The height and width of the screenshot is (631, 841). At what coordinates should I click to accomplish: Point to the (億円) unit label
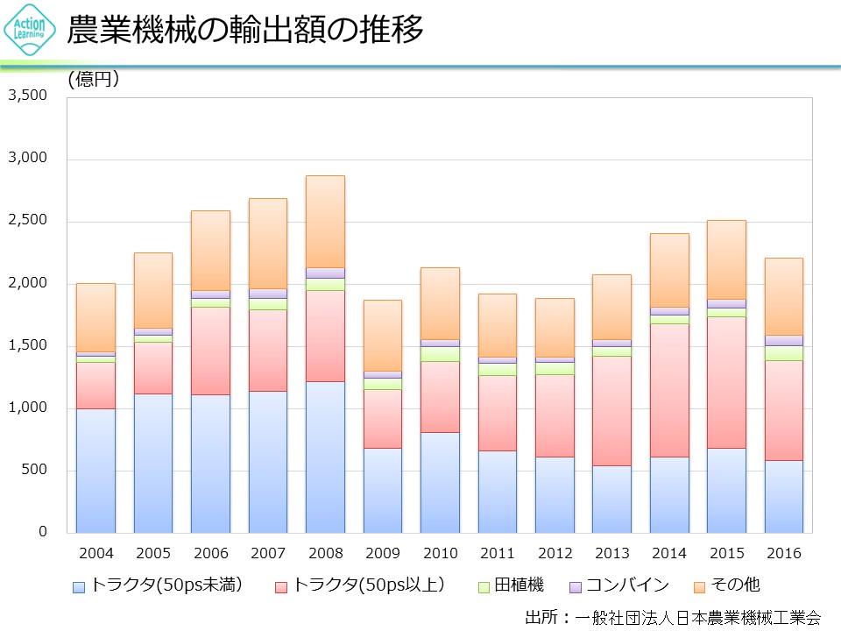click(x=94, y=79)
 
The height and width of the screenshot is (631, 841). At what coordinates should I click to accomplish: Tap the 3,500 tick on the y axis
click(x=28, y=96)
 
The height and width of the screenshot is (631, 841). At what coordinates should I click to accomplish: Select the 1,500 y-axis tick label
click(x=28, y=345)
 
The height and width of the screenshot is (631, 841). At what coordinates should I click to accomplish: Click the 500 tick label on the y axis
click(x=35, y=471)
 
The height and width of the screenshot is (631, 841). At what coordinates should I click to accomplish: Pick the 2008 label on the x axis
click(x=325, y=554)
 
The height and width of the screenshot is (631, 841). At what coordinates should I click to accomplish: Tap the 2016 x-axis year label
click(x=783, y=554)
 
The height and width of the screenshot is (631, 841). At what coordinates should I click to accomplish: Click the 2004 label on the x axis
click(x=95, y=554)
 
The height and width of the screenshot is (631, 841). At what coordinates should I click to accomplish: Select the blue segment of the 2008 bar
click(x=325, y=456)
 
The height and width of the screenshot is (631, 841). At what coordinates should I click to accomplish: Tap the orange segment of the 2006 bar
click(x=210, y=250)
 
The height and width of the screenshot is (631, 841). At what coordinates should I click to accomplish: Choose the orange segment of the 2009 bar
click(x=383, y=335)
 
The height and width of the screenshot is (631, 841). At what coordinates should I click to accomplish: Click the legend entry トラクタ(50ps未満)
click(x=158, y=585)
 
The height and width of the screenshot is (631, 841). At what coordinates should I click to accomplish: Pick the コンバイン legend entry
click(x=619, y=585)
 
